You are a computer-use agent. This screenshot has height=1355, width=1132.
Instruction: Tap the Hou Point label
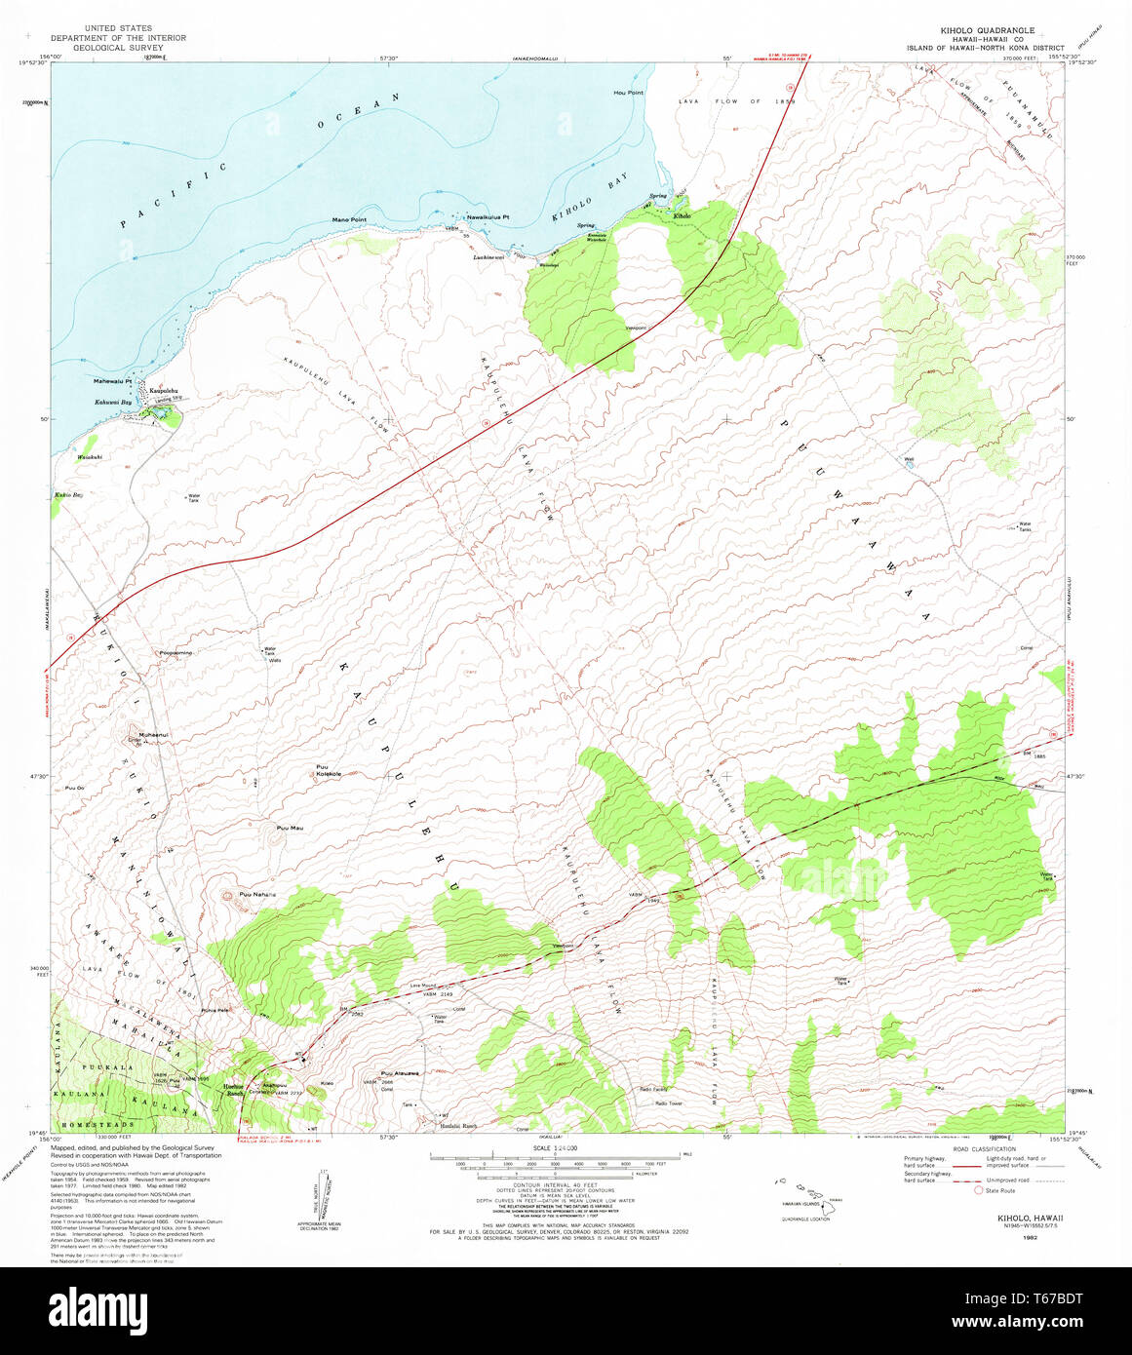pyautogui.click(x=628, y=93)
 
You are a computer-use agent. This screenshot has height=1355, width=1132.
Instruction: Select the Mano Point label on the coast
pyautogui.click(x=349, y=219)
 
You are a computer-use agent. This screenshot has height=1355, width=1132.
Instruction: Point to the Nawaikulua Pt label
pyautogui.click(x=488, y=216)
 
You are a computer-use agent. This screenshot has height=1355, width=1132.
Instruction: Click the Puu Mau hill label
pyautogui.click(x=290, y=828)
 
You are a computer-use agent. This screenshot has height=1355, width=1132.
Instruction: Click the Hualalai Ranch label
pyautogui.click(x=455, y=1126)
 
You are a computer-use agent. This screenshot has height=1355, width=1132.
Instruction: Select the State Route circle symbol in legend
pyautogui.click(x=979, y=1190)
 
